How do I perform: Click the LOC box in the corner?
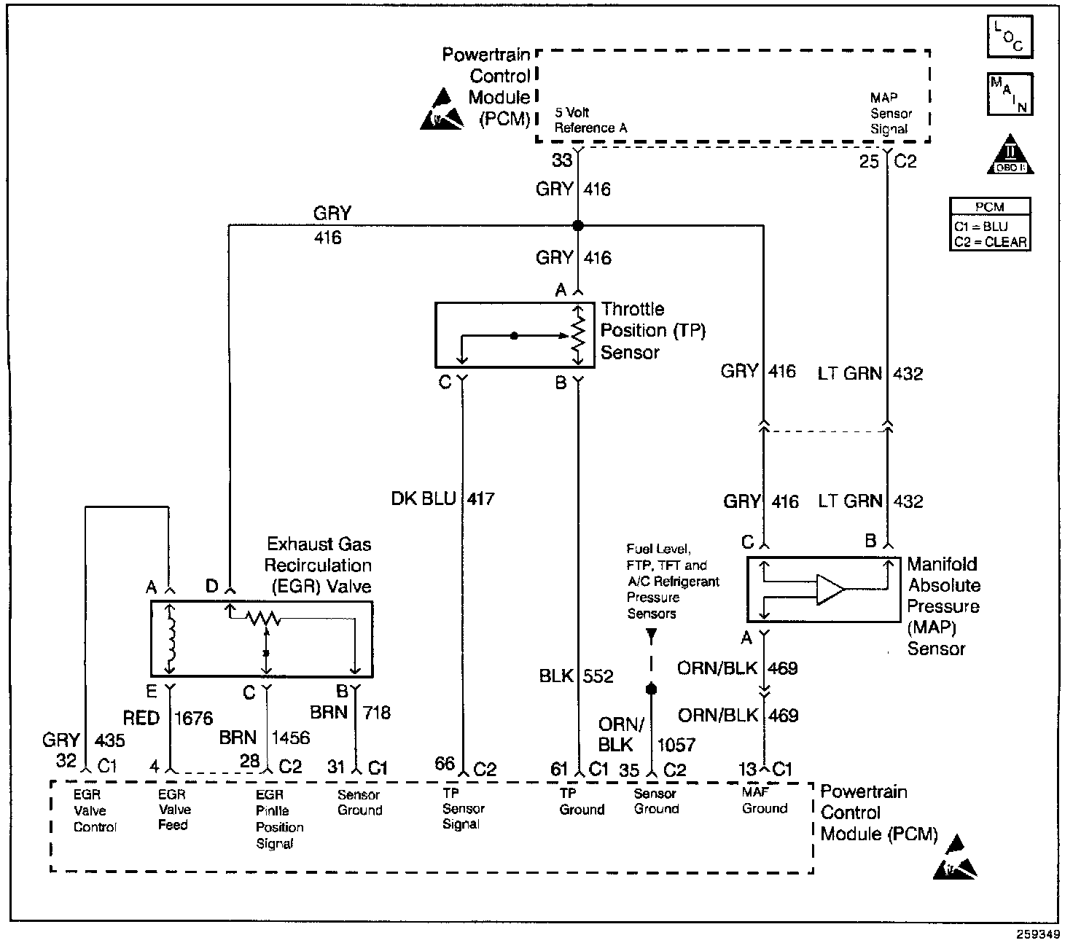click(x=1010, y=36)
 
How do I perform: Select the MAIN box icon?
click(x=1010, y=94)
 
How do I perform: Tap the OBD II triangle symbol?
click(x=1010, y=154)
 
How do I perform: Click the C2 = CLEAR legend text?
click(x=990, y=242)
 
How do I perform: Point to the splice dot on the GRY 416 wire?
click(x=578, y=226)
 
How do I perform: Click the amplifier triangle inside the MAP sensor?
click(x=830, y=590)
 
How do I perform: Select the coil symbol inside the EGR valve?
click(x=170, y=640)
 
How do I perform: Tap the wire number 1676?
click(x=193, y=719)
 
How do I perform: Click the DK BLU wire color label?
click(x=424, y=498)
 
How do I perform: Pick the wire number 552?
click(x=598, y=676)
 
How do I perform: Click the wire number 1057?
click(x=676, y=745)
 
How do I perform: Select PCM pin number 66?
click(x=445, y=764)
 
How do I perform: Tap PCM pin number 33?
click(x=562, y=160)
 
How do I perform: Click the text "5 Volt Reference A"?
click(x=590, y=120)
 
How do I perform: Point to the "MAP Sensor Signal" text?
click(x=891, y=113)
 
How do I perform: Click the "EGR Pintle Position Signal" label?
click(x=279, y=818)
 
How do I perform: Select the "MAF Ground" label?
click(x=764, y=800)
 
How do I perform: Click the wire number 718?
click(x=377, y=713)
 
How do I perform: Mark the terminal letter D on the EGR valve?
click(x=212, y=586)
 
